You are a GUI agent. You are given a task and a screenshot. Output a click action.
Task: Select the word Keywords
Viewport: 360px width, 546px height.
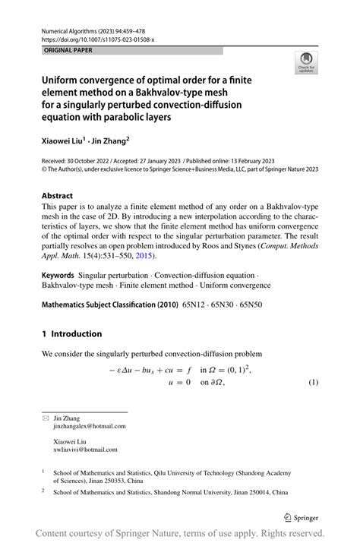pos(60,273)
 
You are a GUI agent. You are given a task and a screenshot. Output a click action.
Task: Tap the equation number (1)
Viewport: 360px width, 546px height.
pos(312,381)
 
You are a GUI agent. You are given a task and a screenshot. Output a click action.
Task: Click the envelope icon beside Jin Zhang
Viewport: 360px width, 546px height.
pos(45,418)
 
